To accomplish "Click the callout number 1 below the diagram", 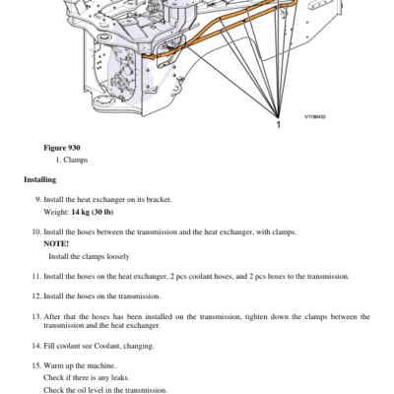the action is (279, 125).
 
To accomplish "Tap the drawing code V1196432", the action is (315, 117).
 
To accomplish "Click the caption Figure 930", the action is (62, 148).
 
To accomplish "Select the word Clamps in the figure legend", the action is (76, 160).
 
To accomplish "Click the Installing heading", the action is (40, 179).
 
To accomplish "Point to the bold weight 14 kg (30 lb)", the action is (93, 212).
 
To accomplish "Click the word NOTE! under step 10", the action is (56, 244).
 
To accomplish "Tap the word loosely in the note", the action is (118, 256).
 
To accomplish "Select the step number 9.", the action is (38, 200).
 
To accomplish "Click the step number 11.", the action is (36, 277).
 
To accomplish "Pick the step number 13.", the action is (36, 317).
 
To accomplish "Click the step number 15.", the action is (36, 365).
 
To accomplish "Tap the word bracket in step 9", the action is (159, 200).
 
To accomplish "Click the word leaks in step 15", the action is (120, 378).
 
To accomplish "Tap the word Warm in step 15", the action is (53, 365).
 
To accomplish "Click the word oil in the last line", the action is (82, 390).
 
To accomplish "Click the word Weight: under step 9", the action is (56, 212).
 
